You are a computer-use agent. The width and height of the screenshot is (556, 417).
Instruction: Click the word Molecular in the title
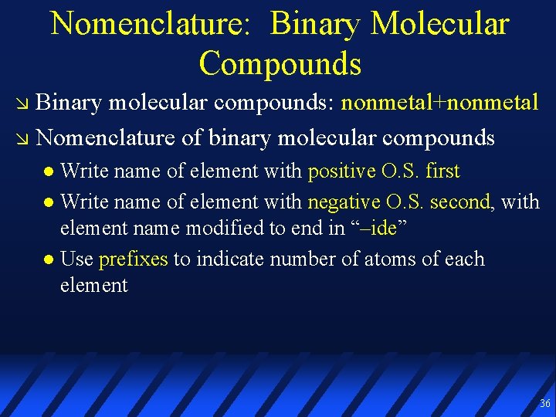pos(439,23)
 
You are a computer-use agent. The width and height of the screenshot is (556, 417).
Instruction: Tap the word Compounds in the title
pos(280,63)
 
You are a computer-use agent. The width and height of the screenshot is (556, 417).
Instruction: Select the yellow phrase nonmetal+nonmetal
pos(440,103)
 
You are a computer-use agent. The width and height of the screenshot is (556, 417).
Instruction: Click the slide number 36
pos(545,404)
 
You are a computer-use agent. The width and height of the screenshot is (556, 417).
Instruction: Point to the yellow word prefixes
pos(134,259)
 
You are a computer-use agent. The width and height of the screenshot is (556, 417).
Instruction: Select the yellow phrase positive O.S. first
pos(384,171)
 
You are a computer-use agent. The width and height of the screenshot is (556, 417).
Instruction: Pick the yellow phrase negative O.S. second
pos(398,202)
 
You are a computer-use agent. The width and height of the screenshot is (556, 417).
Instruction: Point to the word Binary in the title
pos(316,23)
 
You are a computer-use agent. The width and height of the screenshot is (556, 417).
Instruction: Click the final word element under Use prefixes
pos(93,286)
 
